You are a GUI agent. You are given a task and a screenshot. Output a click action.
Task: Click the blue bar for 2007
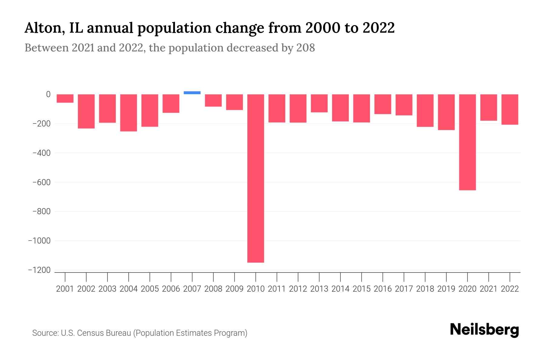tap(192, 93)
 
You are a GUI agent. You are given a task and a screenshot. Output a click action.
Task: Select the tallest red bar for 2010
tap(256, 178)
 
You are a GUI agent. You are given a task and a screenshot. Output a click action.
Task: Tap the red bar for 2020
tap(467, 142)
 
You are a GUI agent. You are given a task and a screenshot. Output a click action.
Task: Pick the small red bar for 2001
tap(65, 98)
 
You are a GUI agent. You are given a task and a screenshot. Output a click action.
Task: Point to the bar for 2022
tap(510, 109)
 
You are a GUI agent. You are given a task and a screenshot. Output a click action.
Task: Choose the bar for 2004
tap(128, 113)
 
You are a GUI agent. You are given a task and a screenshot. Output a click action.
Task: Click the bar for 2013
tap(319, 103)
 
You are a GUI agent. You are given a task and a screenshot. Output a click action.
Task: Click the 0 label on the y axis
tap(48, 94)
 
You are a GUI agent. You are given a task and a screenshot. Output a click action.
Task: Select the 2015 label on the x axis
tap(362, 289)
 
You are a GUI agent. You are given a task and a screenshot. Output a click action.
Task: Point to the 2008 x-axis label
tap(213, 289)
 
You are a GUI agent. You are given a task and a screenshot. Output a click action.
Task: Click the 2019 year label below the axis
tap(446, 289)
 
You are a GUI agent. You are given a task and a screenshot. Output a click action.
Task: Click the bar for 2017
tap(404, 105)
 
